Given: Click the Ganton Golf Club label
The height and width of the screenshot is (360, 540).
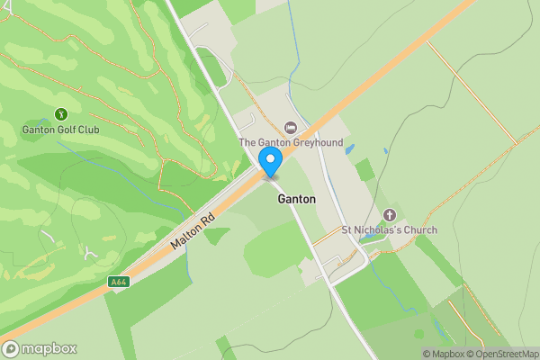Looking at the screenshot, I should [x=61, y=130].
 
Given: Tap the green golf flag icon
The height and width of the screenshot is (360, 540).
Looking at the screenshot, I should [x=61, y=114].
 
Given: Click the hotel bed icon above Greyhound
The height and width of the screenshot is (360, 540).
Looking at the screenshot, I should [x=289, y=128].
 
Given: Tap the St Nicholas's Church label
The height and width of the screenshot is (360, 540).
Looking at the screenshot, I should [x=389, y=230].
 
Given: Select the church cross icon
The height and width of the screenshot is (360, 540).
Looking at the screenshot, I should [x=390, y=215].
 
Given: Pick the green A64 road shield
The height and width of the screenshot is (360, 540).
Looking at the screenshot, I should [x=117, y=282].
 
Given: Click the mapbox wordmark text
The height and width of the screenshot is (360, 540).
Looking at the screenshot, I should [x=49, y=349].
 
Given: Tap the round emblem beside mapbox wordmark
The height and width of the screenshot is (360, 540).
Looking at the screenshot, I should [x=12, y=349].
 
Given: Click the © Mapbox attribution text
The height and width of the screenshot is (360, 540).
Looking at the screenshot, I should [x=442, y=354].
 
